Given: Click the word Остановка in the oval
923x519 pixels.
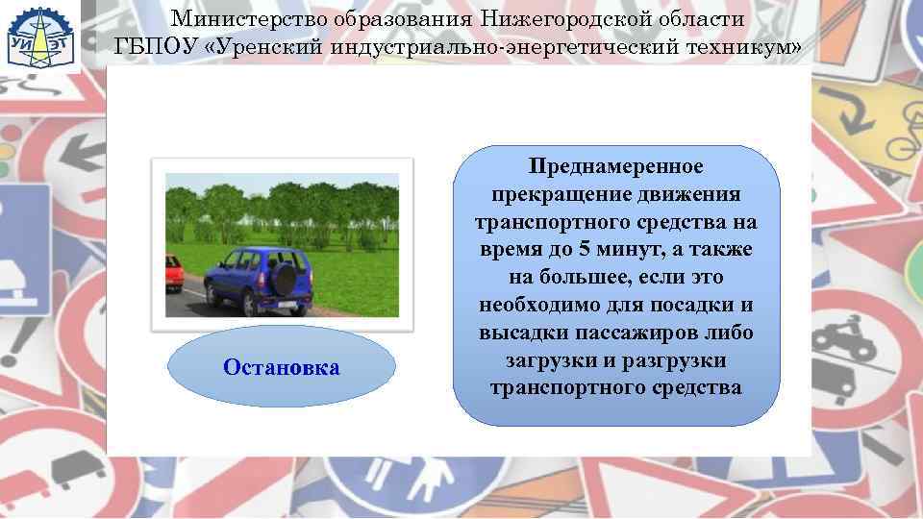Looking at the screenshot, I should tap(281, 367).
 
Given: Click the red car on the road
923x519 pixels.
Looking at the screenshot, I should tap(174, 272).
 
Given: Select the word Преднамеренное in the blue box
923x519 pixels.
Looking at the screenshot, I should tap(616, 167).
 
